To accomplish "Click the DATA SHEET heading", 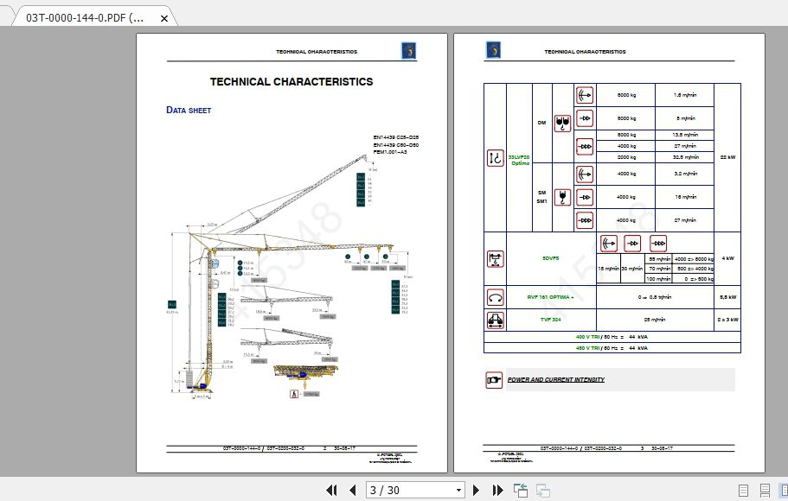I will [x=189, y=111].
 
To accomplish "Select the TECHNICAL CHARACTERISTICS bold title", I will [x=291, y=82].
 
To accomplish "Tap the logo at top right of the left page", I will [x=408, y=51].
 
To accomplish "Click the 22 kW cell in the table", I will [x=727, y=157].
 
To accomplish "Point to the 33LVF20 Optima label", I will [x=520, y=159].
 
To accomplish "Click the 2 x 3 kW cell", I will [x=727, y=319].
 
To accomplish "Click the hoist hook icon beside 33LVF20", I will [x=495, y=158].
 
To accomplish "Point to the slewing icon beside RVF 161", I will [x=495, y=297].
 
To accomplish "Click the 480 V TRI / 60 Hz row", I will [x=612, y=347].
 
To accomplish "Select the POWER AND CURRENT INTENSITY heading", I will [x=555, y=380].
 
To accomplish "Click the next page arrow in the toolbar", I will [x=476, y=490].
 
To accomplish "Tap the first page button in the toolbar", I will [x=331, y=490].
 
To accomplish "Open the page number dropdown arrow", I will [x=459, y=490].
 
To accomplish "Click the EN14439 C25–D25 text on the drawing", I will [x=396, y=138].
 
